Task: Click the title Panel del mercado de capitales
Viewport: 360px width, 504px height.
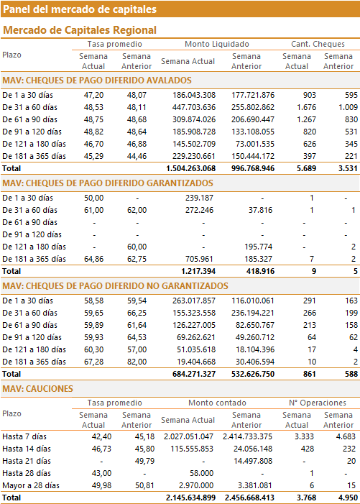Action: pos(80,9)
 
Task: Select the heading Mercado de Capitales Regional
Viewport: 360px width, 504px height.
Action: pos(80,30)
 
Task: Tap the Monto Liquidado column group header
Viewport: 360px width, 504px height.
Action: pos(217,44)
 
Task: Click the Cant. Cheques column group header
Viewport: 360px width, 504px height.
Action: pos(318,44)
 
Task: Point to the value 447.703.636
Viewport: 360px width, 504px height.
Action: pos(194,107)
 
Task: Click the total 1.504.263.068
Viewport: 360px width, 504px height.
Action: pos(190,168)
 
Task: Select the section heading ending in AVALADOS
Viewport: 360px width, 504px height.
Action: pos(97,81)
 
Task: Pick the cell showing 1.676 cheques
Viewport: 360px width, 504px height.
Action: pos(306,107)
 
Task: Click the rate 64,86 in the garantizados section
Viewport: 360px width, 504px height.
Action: pos(94,259)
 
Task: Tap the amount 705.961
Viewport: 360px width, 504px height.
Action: pos(199,259)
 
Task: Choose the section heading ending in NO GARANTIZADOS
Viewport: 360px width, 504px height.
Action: pos(115,286)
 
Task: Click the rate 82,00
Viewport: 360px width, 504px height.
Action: pos(137,362)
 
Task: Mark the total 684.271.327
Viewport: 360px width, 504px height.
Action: pos(194,374)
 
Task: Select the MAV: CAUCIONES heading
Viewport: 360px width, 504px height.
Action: pos(37,389)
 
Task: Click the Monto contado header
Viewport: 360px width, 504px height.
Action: pos(217,403)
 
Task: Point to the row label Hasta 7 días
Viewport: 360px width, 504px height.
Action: pos(24,436)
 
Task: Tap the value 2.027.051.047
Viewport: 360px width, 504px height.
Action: pos(188,436)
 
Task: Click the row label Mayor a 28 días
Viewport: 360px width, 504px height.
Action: pos(31,485)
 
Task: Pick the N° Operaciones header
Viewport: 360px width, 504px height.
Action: pos(318,403)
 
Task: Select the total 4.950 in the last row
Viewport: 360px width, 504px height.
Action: pos(348,498)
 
